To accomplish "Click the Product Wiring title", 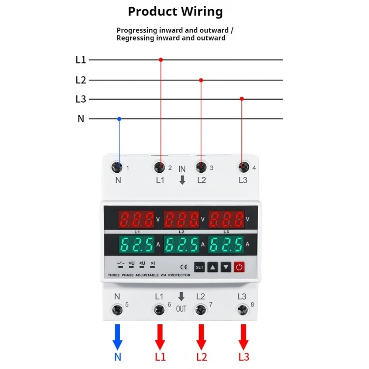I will tap(175, 12).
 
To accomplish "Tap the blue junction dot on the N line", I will tap(119, 119).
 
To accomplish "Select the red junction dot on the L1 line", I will tap(161, 59).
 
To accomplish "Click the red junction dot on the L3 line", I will tap(242, 99).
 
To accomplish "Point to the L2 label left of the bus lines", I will tap(80, 80).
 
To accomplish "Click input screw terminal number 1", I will tap(118, 168).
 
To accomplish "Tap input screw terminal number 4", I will tap(242, 168).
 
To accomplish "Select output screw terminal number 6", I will tap(159, 309).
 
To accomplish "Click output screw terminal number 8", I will tap(242, 309).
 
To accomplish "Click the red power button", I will tap(239, 267).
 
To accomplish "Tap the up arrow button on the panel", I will tap(213, 267).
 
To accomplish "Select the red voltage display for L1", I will tap(136, 220).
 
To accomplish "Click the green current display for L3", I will tap(227, 244).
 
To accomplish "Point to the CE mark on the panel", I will tap(183, 267).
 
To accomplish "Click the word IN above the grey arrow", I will tap(182, 169).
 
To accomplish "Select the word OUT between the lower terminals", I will tap(181, 309).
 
